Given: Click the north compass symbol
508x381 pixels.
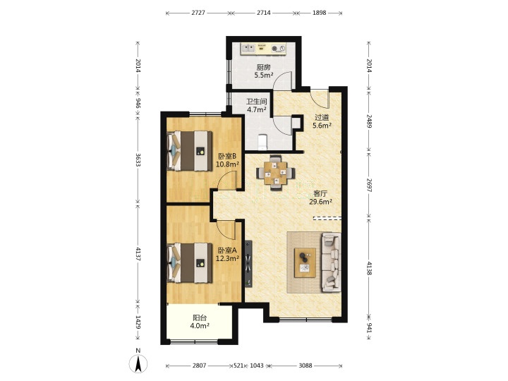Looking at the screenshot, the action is tap(138, 361).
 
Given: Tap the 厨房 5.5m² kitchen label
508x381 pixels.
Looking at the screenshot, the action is tap(263, 71).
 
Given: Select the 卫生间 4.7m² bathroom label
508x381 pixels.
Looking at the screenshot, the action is tap(257, 106).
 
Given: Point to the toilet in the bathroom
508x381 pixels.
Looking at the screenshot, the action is tap(262, 143).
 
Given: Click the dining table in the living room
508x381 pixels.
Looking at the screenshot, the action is tap(275, 173).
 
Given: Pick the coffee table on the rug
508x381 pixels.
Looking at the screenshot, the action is tap(305, 262).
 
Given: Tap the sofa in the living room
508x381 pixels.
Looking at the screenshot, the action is tap(331, 262).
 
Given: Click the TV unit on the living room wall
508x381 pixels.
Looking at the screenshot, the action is tap(248, 263).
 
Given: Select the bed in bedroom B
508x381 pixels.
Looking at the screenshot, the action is tap(190, 151).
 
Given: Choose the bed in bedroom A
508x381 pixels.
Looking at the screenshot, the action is tap(190, 263).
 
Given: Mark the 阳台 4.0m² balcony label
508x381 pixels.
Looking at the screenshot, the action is tap(200, 322).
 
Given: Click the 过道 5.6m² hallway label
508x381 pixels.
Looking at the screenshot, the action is tap(322, 121).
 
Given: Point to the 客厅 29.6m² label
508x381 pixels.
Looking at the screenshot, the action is tap(320, 198).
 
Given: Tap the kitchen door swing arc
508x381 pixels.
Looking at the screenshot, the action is tap(282, 79).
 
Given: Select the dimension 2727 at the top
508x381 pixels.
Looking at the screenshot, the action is tap(198, 13).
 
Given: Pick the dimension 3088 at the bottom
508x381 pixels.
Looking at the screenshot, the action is tap(306, 365).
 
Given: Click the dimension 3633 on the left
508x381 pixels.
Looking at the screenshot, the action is tap(138, 159).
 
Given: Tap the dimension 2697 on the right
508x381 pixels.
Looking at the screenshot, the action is tap(369, 185).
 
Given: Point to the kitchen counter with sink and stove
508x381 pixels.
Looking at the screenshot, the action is tap(263, 49).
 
